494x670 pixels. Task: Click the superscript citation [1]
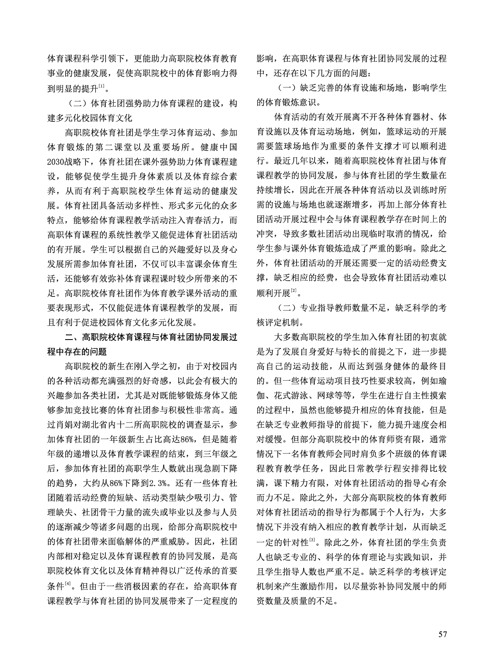pos(101,87)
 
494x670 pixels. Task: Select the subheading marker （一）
pos(287,88)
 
